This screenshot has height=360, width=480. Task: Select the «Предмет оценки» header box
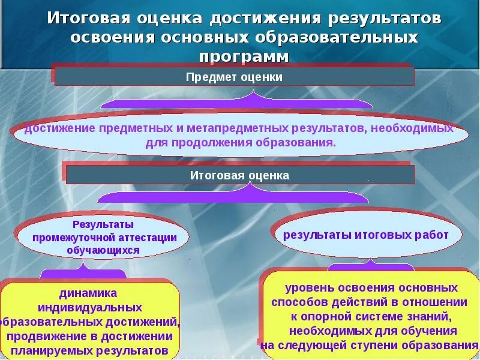pyautogui.click(x=234, y=77)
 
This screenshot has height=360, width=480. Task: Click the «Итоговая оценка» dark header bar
pyautogui.click(x=240, y=175)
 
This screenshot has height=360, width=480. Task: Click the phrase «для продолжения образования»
pyautogui.click(x=240, y=143)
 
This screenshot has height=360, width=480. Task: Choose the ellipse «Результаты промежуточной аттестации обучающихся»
pyautogui.click(x=103, y=237)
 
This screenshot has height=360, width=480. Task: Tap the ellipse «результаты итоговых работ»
pyautogui.click(x=366, y=235)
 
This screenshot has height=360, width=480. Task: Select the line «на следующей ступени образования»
pyautogui.click(x=368, y=345)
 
